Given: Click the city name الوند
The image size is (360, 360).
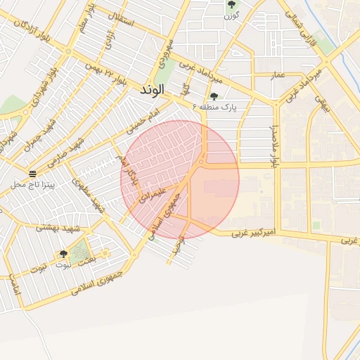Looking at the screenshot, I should [152, 90].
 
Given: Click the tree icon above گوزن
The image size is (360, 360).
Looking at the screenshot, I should [231, 6].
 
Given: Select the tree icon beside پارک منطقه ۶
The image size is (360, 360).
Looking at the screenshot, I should [214, 96].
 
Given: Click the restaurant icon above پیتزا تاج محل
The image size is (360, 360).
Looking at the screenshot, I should [32, 172].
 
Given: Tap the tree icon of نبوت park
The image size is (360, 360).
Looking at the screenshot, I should [63, 254].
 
